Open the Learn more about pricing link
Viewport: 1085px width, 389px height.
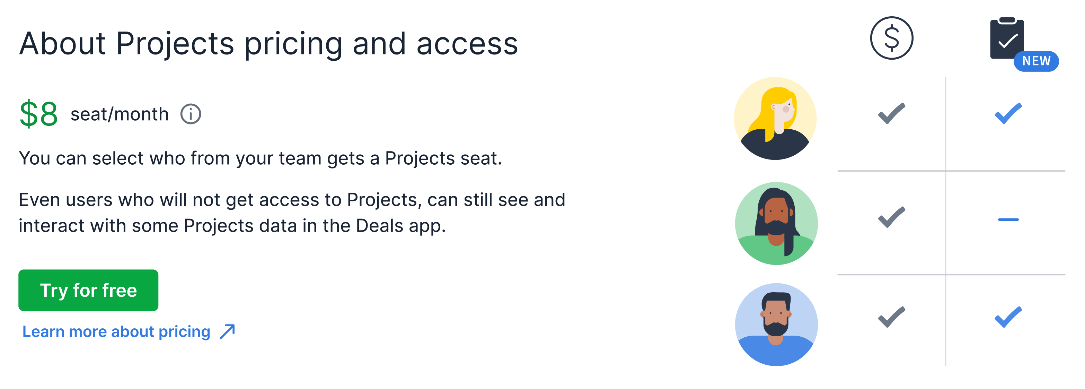[x=116, y=332]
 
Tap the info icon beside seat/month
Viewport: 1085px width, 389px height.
[x=191, y=114]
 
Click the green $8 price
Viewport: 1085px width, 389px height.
[x=38, y=114]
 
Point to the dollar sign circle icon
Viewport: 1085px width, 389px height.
[x=891, y=38]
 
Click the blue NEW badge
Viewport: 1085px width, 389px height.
[x=1036, y=61]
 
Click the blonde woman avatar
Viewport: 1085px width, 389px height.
[x=775, y=119]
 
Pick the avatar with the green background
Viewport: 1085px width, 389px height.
[x=776, y=223]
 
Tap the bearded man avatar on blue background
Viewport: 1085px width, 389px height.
[x=776, y=324]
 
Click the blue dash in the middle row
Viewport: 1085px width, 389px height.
[x=1008, y=219]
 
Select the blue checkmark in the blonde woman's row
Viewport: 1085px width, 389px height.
[x=1008, y=113]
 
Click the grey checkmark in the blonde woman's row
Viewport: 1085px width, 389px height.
[x=891, y=113]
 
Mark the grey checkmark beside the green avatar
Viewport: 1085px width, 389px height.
[x=891, y=217]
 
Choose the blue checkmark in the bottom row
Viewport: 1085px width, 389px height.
[x=1008, y=317]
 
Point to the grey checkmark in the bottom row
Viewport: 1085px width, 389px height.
[x=891, y=317]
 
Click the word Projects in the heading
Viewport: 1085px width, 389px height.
[x=174, y=44]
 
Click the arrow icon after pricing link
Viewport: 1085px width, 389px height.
[x=228, y=332]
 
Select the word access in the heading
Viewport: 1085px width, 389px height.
[x=467, y=44]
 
